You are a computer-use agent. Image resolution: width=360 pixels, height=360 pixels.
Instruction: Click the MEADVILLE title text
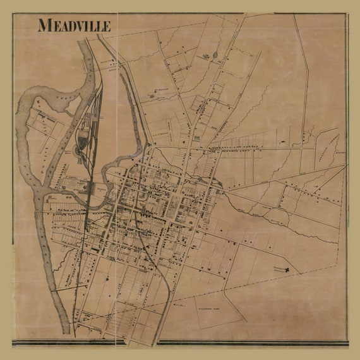point(74,26)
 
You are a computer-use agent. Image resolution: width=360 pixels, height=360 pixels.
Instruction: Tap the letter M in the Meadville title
point(43,26)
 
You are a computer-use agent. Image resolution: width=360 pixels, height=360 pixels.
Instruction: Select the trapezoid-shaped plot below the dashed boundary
point(215,309)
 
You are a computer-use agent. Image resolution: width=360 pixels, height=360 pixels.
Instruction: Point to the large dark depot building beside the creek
point(92,188)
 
